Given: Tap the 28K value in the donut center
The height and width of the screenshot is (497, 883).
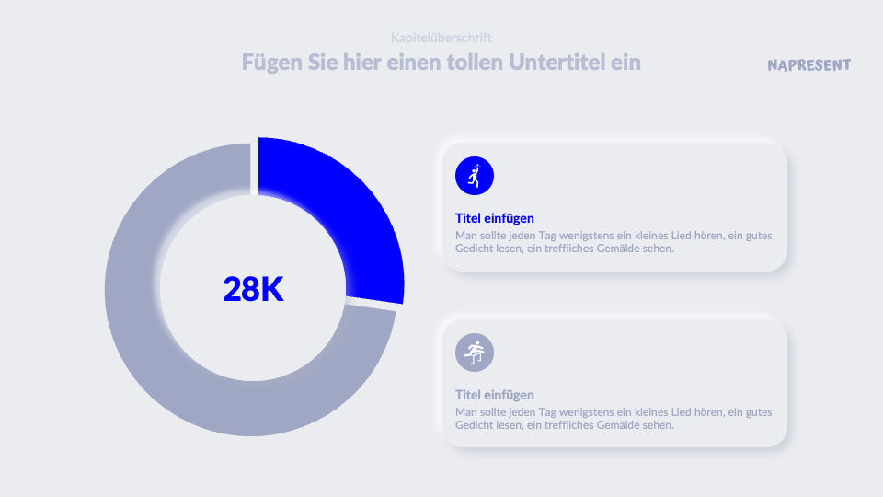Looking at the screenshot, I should (253, 289).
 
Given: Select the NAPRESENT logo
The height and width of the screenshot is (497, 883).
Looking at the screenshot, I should (808, 65).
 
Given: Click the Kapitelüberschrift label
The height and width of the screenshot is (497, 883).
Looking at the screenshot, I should (441, 38).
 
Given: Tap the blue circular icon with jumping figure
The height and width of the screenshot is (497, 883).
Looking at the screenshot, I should (475, 176).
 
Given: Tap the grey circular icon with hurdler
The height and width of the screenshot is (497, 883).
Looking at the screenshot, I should (475, 353).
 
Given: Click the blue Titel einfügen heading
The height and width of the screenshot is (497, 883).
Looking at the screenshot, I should (494, 218).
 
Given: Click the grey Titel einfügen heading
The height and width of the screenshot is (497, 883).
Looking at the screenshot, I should (494, 395).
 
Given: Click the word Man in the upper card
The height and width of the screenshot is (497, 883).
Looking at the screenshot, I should (466, 235).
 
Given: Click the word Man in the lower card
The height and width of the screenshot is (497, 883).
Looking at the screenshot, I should (466, 412).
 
